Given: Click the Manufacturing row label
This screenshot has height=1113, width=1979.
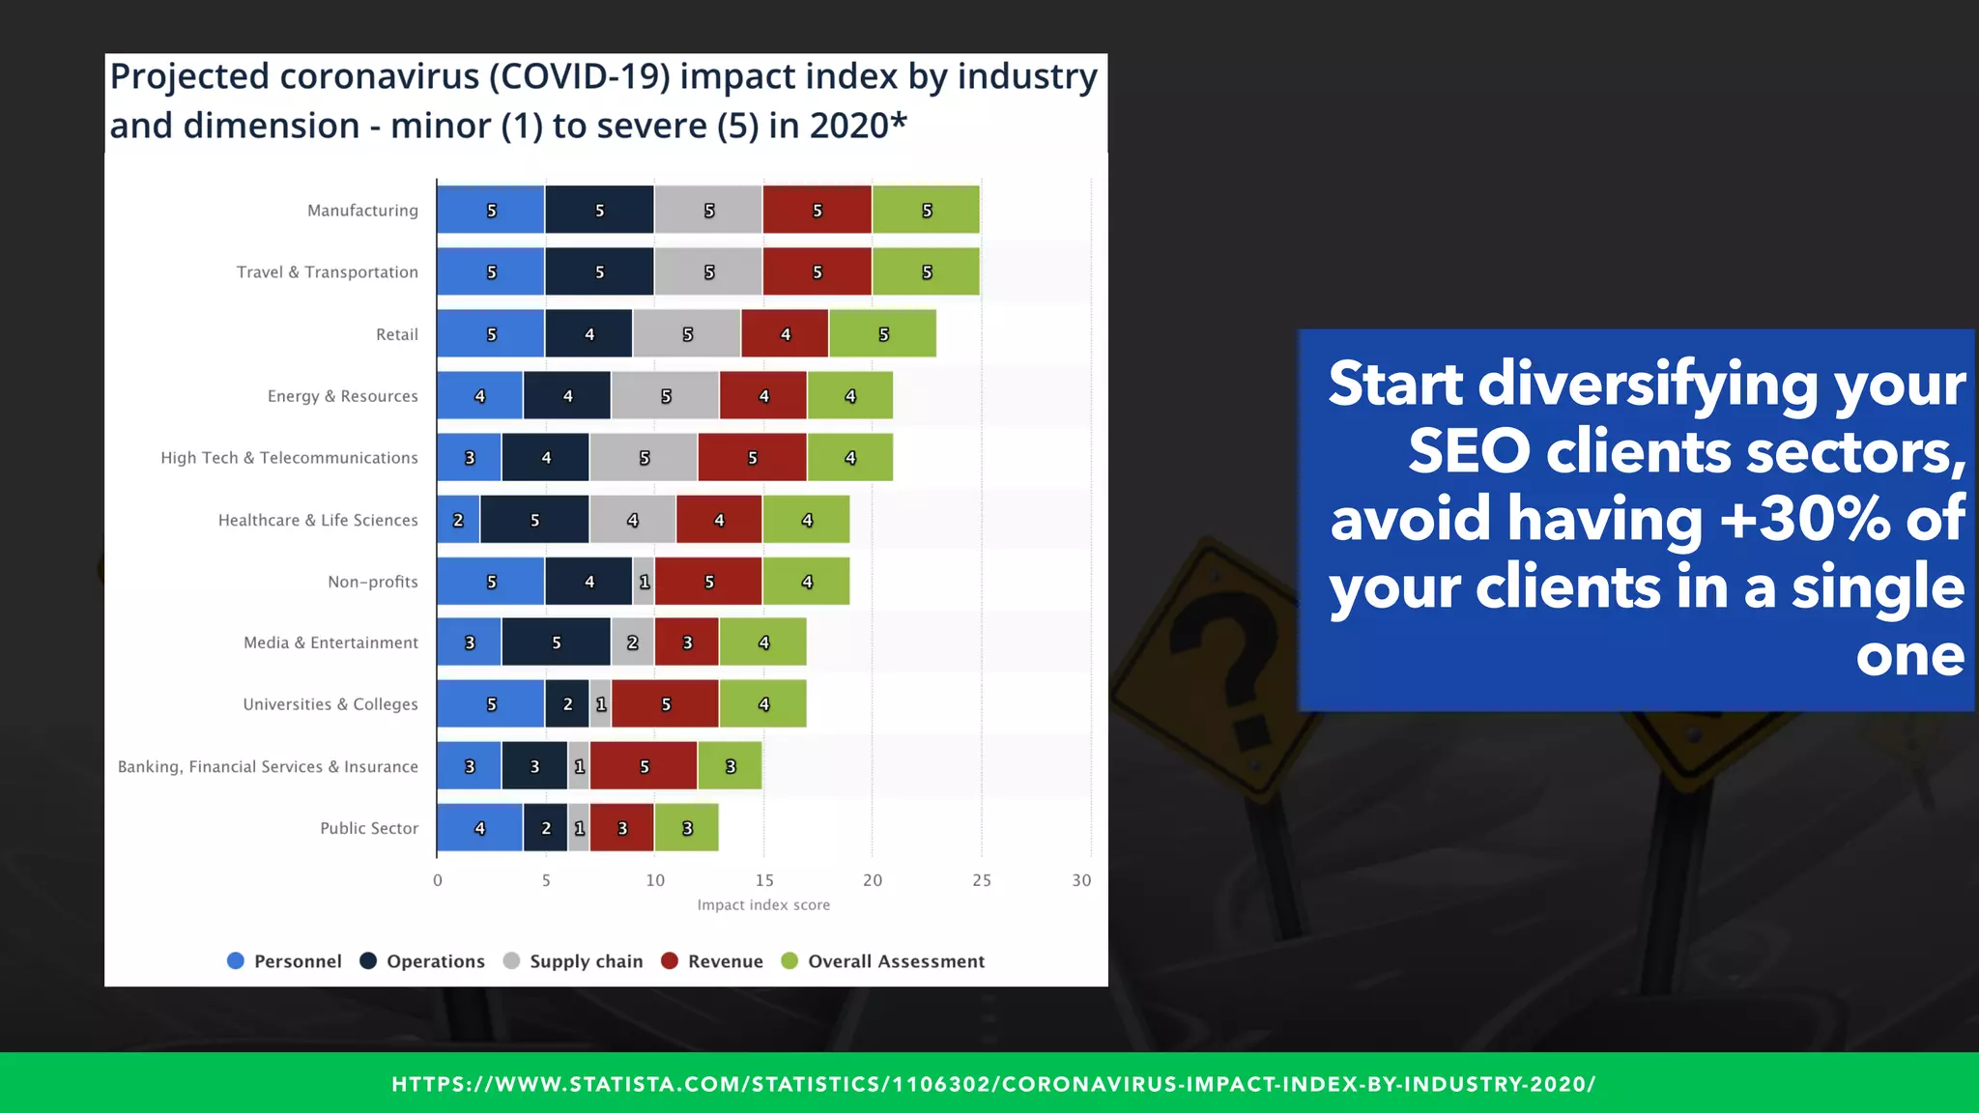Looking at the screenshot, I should pyautogui.click(x=362, y=211).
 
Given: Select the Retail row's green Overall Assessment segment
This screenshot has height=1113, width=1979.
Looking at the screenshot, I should pyautogui.click(x=882, y=334).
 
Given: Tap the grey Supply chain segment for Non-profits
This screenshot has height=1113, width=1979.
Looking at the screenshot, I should pyautogui.click(x=644, y=582).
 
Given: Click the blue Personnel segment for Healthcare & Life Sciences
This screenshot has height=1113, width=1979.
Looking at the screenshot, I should pyautogui.click(x=458, y=520).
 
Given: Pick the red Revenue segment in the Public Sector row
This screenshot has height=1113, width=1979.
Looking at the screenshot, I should pyautogui.click(x=621, y=828).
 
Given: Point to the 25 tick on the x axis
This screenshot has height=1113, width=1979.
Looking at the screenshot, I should pyautogui.click(x=981, y=880).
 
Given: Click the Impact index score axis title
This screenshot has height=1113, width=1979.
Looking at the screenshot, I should pyautogui.click(x=763, y=905).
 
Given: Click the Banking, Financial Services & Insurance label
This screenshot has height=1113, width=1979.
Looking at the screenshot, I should pyautogui.click(x=268, y=766).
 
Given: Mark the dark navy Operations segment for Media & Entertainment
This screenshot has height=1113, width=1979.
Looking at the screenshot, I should pyautogui.click(x=556, y=642).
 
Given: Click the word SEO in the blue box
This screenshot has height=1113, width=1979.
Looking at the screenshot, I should pyautogui.click(x=1469, y=451).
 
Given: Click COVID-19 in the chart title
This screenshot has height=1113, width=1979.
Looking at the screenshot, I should pyautogui.click(x=578, y=77).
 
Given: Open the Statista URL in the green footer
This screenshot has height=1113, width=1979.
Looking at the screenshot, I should pyautogui.click(x=993, y=1084).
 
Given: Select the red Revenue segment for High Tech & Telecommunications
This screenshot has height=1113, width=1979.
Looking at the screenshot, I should pyautogui.click(x=752, y=458).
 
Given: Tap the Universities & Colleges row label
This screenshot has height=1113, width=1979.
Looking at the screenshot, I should pyautogui.click(x=330, y=704).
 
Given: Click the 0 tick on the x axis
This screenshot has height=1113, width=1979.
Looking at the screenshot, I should pyautogui.click(x=438, y=880).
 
